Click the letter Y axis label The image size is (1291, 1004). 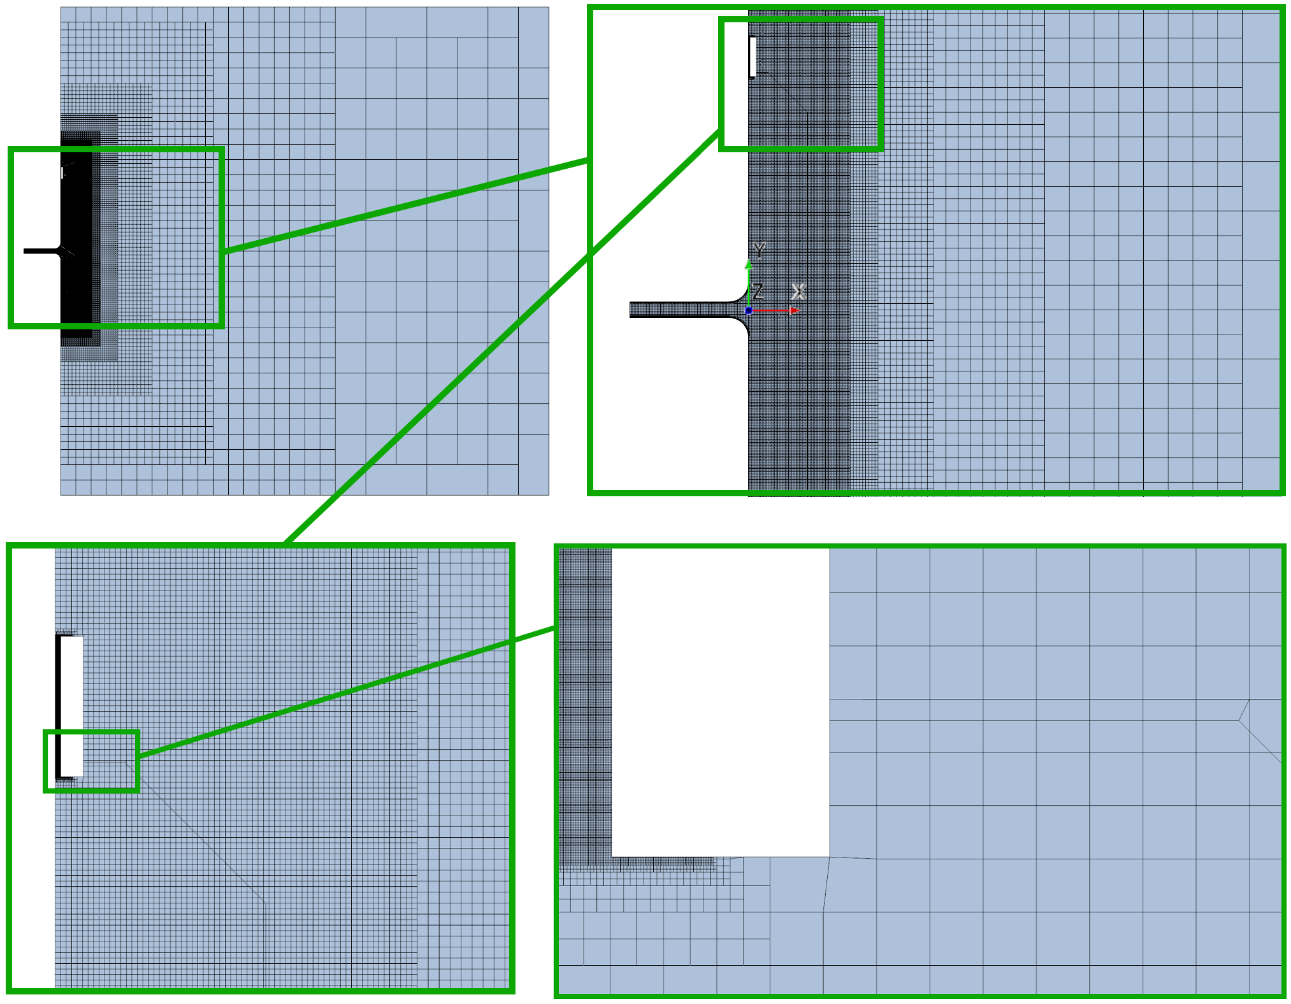[x=759, y=250]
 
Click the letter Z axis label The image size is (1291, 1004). [x=758, y=292]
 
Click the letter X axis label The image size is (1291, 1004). [x=798, y=292]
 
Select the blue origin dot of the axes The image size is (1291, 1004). [x=749, y=310]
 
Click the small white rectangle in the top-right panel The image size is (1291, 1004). [x=753, y=57]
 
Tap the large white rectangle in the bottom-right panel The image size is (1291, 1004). [x=720, y=703]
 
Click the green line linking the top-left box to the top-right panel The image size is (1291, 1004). [x=406, y=206]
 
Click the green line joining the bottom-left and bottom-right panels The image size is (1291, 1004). [x=347, y=692]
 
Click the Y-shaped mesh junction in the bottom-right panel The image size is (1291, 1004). [x=1239, y=720]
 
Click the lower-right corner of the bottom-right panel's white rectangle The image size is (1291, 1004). [x=829, y=857]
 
